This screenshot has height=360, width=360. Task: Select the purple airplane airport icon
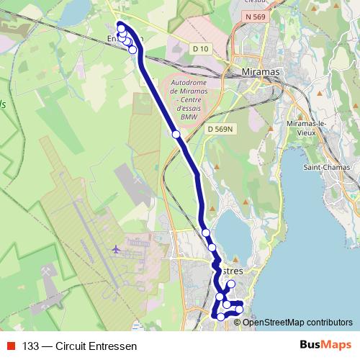(116, 249)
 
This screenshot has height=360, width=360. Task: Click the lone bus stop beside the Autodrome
(176, 134)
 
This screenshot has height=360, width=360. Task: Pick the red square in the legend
(12, 346)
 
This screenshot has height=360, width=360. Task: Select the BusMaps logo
(325, 345)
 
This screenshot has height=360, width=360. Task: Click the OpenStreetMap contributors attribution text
(297, 322)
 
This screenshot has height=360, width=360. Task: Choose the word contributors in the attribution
(329, 322)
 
